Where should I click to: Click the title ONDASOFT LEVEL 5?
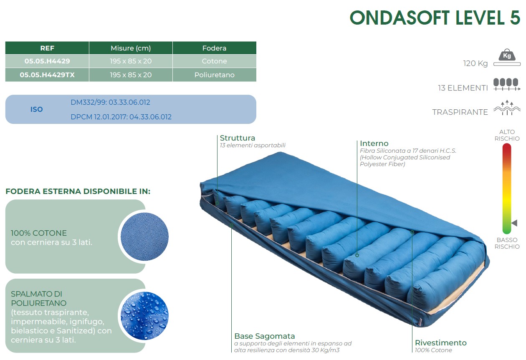(x=435, y=18)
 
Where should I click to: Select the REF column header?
(x=47, y=48)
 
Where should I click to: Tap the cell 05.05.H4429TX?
(x=47, y=75)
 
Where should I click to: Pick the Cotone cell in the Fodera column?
(x=215, y=61)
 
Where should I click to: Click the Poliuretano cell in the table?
(x=215, y=75)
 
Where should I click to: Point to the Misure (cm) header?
(x=131, y=48)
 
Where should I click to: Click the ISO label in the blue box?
(x=36, y=109)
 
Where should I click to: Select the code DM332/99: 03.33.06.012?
(x=110, y=102)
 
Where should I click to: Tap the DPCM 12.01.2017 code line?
(x=121, y=117)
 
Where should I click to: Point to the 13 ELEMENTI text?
(x=463, y=88)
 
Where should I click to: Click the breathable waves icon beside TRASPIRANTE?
(x=507, y=108)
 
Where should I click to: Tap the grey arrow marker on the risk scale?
(x=514, y=223)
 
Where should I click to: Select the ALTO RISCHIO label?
(x=507, y=135)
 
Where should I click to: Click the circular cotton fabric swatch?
(x=144, y=237)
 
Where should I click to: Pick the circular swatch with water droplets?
(x=144, y=316)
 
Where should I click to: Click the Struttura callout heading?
(x=238, y=138)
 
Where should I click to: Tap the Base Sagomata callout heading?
(x=265, y=336)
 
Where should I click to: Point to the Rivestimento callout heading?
(x=441, y=343)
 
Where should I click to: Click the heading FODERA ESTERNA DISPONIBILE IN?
(x=78, y=191)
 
